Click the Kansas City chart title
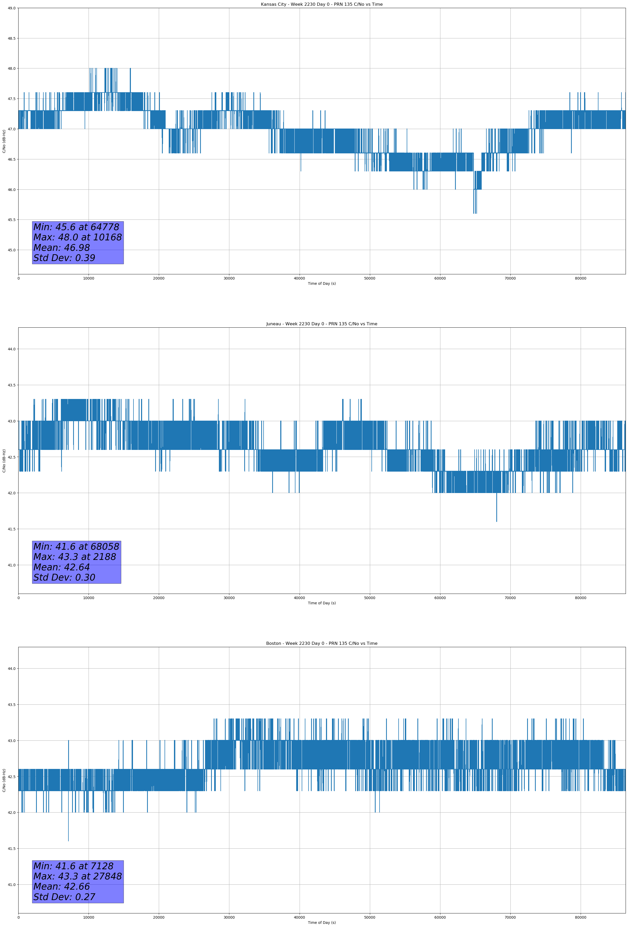coord(322,4)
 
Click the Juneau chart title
coord(322,324)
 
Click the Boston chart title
coord(322,644)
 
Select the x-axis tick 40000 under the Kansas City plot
coord(299,279)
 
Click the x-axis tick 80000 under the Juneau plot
coord(580,598)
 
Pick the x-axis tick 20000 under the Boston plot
coord(159,917)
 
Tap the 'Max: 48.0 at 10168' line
coord(77,237)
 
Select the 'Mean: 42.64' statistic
coord(61,567)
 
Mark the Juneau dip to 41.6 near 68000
coord(497,519)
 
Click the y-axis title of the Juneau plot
coord(4,461)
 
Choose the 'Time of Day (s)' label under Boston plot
coord(322,923)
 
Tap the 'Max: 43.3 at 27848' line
coord(77,876)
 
